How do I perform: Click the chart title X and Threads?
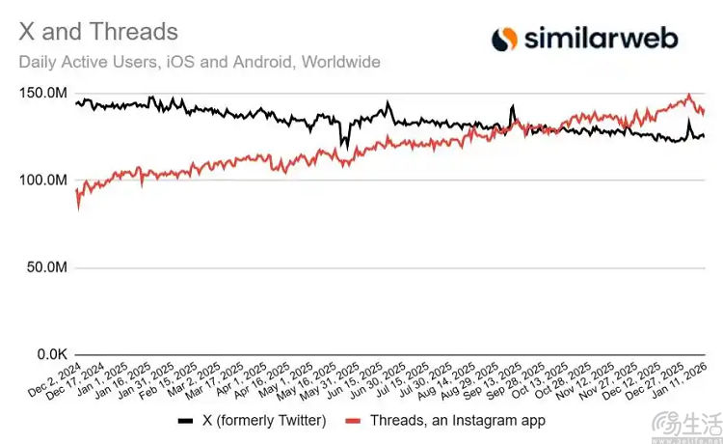tap(98, 31)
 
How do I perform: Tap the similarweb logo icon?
tap(504, 39)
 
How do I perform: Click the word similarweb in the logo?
tap(601, 38)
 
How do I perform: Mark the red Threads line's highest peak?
tap(689, 96)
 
